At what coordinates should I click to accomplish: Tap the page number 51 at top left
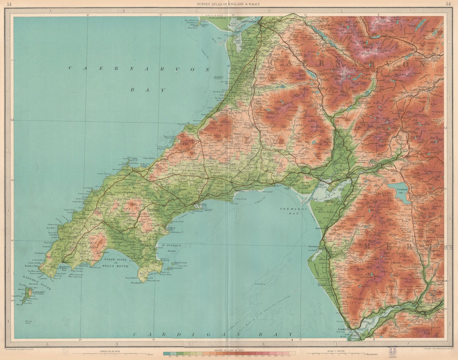point(9,4)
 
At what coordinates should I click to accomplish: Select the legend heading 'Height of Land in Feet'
point(226,350)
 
